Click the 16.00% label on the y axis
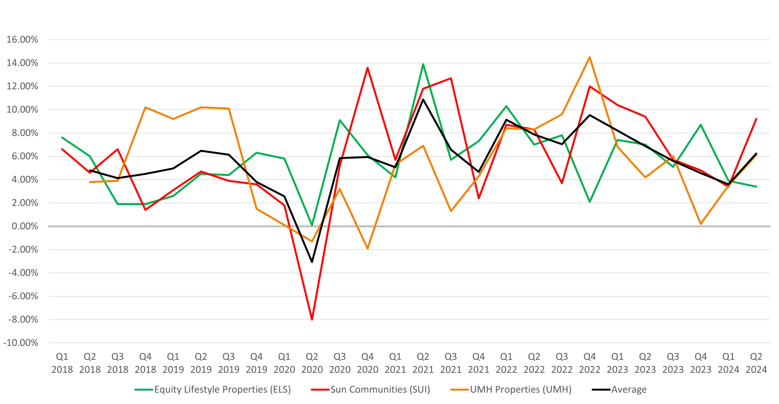(22, 39)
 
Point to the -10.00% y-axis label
(20, 343)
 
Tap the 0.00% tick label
(25, 226)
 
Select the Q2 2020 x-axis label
(312, 363)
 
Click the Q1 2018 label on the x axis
(62, 363)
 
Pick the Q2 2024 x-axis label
(756, 363)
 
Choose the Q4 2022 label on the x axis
(590, 363)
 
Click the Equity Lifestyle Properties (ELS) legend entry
(213, 389)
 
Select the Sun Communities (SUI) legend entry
(371, 389)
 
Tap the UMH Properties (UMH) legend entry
(511, 389)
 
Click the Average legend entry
(619, 389)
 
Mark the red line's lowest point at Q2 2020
(312, 320)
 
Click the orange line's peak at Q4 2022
(590, 57)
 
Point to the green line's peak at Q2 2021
(423, 64)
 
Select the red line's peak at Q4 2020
(368, 67)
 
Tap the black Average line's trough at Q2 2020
(312, 262)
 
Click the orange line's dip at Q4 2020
(368, 248)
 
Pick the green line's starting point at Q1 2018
(62, 138)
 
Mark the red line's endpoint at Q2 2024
(756, 119)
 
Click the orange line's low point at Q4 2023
(701, 224)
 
